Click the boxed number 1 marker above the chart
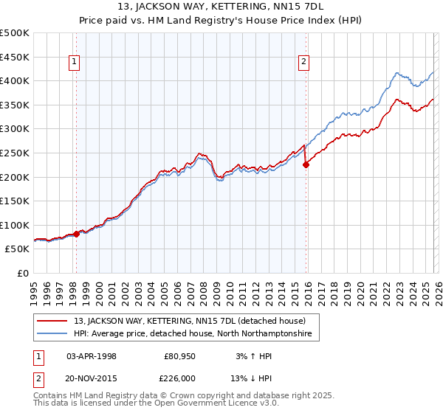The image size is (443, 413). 76,63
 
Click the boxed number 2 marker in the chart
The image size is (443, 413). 303,63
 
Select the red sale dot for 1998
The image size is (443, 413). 77,234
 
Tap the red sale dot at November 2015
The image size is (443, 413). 306,164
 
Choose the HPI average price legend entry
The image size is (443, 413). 193,334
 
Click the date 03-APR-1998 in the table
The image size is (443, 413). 92,356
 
